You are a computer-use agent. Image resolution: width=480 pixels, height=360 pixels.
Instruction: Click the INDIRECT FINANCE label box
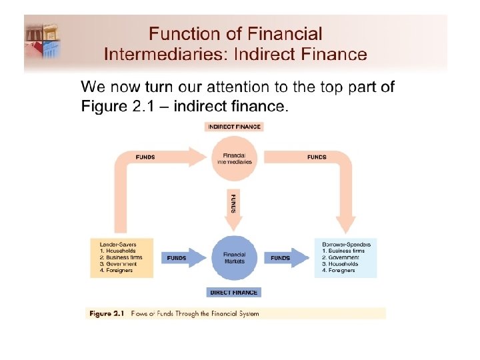click(x=234, y=127)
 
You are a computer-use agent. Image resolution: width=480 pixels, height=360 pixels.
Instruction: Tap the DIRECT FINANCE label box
click(x=234, y=293)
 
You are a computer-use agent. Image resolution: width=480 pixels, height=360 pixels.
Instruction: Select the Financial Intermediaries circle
click(x=233, y=159)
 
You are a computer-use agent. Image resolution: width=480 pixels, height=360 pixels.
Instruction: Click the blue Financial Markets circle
click(x=234, y=257)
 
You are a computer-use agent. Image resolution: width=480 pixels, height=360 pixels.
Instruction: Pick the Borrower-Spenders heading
click(x=346, y=245)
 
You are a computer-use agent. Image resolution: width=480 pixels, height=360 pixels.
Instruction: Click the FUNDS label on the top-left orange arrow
click(x=145, y=157)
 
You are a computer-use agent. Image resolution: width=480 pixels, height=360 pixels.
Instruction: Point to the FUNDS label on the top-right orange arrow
click(x=317, y=157)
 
